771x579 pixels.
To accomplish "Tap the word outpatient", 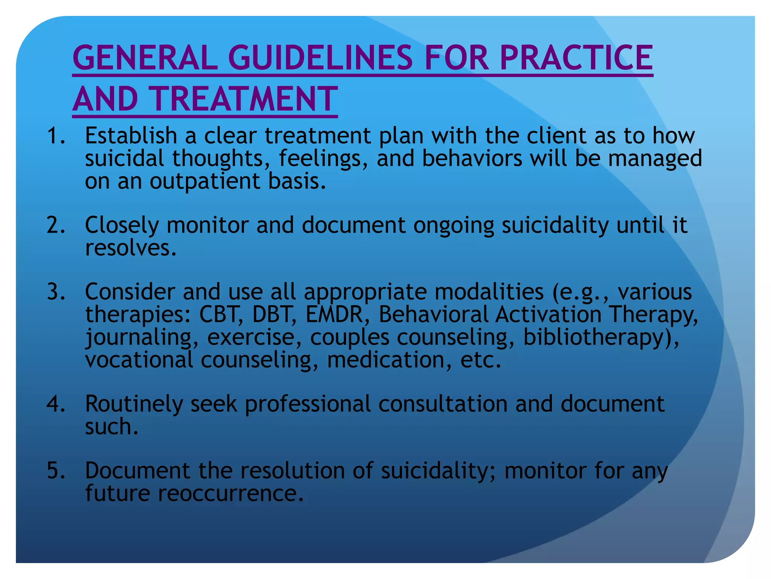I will tap(205, 181).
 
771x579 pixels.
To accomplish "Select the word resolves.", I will tap(131, 248).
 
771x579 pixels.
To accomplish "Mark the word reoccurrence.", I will tap(230, 493).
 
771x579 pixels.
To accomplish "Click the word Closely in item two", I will tap(122, 225).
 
